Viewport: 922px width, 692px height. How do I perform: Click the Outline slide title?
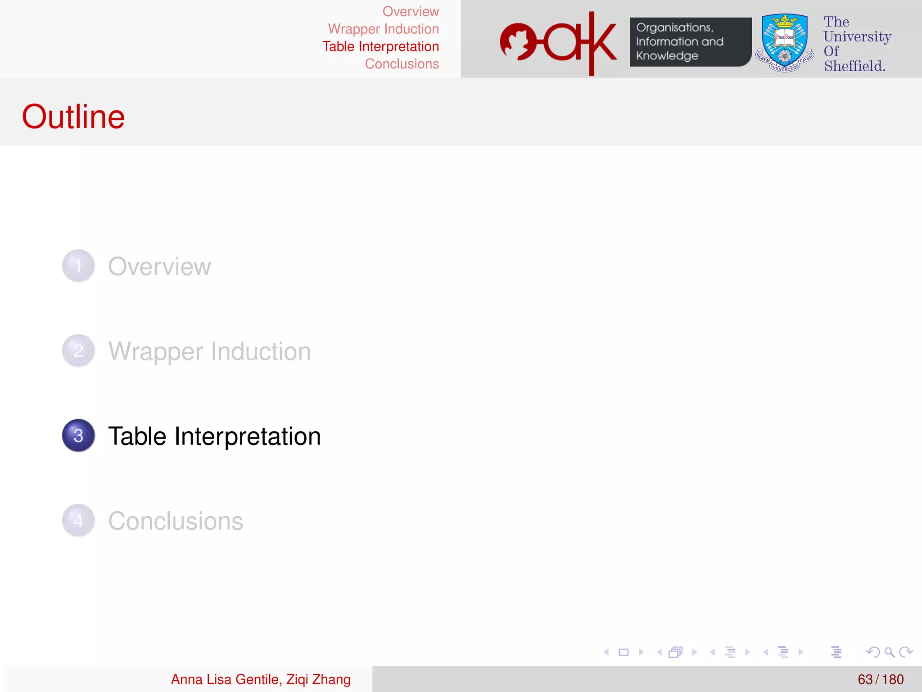point(73,116)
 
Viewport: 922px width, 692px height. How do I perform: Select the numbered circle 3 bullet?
point(78,435)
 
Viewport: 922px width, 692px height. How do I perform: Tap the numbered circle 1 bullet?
point(78,266)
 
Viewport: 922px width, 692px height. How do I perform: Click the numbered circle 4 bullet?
point(78,520)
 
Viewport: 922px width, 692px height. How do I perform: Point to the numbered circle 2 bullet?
point(78,351)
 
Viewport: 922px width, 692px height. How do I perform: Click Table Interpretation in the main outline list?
point(214,436)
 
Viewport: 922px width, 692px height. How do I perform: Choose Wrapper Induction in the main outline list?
point(209,351)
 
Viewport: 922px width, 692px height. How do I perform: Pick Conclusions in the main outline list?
point(176,521)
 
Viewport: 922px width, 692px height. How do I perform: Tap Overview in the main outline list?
point(159,266)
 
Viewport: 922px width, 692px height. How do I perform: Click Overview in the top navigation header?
point(411,11)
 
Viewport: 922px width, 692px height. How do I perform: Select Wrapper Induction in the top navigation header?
point(383,29)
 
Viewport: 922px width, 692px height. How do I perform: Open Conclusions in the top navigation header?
point(402,64)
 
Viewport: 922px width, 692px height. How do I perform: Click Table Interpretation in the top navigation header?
point(380,46)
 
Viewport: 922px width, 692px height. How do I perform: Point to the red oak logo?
point(558,43)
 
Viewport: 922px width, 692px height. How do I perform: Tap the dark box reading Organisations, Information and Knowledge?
point(690,42)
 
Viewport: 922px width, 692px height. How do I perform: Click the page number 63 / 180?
point(880,679)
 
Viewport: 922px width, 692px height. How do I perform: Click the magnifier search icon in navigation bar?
point(889,652)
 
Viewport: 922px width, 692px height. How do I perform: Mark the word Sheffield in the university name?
point(854,66)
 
